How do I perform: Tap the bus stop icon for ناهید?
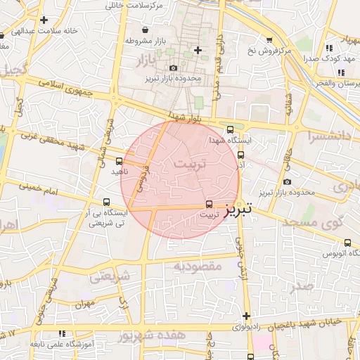pyautogui.click(x=118, y=161)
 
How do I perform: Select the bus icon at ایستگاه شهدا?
pyautogui.click(x=231, y=129)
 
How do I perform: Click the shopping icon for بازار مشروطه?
pyautogui.click(x=145, y=30)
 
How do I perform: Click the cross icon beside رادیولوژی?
pyautogui.click(x=246, y=316)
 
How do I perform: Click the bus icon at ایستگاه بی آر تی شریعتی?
pyautogui.click(x=106, y=201)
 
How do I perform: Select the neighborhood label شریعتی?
pyautogui.click(x=111, y=277)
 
